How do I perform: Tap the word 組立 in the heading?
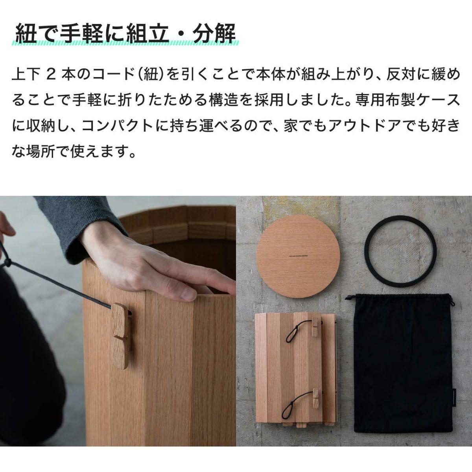click(x=147, y=33)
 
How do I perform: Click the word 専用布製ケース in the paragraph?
click(x=408, y=100)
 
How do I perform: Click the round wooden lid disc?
click(x=298, y=256)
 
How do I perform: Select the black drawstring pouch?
click(x=402, y=366)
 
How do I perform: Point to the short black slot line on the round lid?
click(x=298, y=256)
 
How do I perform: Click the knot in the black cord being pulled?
click(x=8, y=263)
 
